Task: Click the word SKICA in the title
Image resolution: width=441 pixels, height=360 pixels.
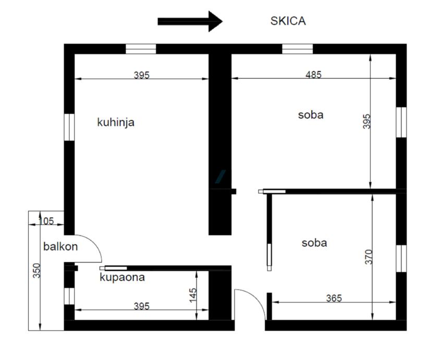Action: [x=288, y=21]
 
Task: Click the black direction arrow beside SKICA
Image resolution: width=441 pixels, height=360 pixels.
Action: [x=190, y=21]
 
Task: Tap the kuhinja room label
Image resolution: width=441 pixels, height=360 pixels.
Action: [x=116, y=123]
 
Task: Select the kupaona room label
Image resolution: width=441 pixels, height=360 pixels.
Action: [x=122, y=278]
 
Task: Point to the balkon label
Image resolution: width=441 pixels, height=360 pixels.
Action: [x=60, y=247]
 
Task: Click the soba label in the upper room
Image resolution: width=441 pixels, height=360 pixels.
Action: [x=311, y=115]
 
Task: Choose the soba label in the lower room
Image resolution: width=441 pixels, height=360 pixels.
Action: [x=314, y=243]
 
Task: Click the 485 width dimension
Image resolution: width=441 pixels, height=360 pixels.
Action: [x=313, y=75]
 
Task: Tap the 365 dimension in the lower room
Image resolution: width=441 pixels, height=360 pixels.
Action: [x=334, y=298]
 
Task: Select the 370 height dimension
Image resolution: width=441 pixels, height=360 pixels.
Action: [x=368, y=257]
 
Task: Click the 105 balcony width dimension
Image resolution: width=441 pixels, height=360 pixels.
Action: [x=46, y=221]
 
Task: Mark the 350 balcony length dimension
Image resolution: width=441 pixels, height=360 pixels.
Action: [x=36, y=271]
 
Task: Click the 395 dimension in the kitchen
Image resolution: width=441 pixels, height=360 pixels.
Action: [x=141, y=75]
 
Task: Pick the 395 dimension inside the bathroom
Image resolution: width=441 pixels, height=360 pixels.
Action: [x=141, y=306]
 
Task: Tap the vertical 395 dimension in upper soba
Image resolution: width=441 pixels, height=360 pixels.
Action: [x=366, y=122]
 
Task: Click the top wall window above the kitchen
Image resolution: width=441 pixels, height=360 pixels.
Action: [x=141, y=49]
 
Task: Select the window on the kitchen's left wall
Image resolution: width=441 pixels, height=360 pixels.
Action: [x=69, y=126]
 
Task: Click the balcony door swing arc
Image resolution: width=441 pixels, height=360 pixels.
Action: [x=91, y=246]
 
